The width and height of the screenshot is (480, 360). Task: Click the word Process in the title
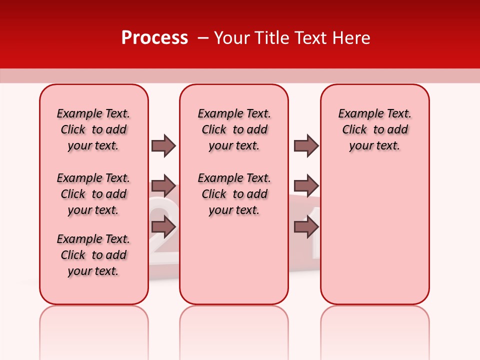coord(154,38)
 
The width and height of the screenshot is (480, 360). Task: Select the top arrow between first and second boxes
coord(163,145)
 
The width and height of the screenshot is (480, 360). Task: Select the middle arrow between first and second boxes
coord(163,186)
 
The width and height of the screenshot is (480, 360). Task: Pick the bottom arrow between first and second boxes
coord(163,227)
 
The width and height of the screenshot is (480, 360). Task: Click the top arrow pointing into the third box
coord(306,145)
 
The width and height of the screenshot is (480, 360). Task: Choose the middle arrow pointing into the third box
coord(306,186)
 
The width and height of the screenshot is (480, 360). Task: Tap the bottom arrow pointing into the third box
coord(306,227)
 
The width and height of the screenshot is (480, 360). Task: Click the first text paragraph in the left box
coord(93,129)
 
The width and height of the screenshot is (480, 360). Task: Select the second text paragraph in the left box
coord(93,194)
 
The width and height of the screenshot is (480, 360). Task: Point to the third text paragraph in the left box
coord(93,255)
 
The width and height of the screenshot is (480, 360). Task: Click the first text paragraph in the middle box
coord(234,129)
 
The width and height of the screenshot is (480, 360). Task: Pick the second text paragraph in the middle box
coord(234,194)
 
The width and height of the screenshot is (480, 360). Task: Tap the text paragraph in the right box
coord(374,129)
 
